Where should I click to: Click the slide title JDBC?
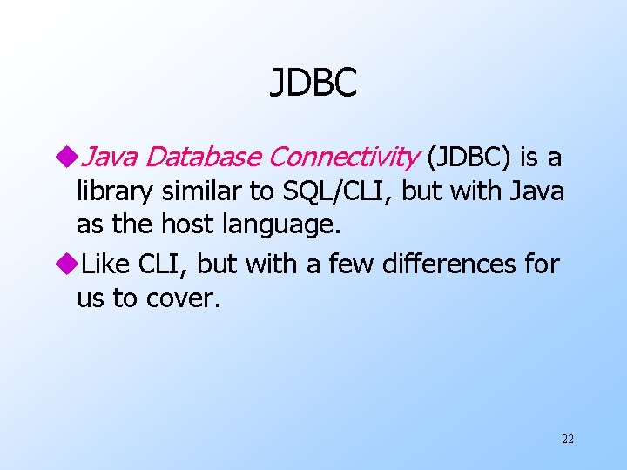(313, 84)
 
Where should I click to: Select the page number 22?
(567, 440)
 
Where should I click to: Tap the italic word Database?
(203, 158)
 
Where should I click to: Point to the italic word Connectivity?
(343, 158)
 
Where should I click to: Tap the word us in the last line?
(91, 298)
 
